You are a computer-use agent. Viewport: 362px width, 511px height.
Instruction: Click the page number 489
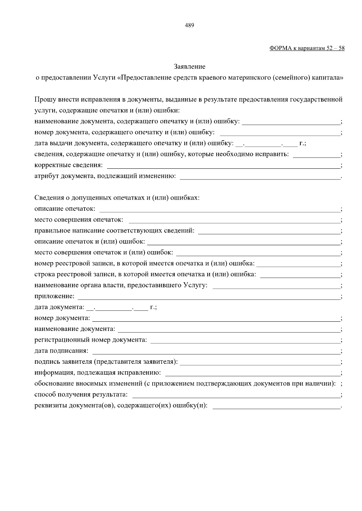pyautogui.click(x=189, y=25)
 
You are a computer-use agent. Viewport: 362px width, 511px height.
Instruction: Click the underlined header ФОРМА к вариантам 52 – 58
pyautogui.click(x=307, y=48)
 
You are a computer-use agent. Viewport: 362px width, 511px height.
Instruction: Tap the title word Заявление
pyautogui.click(x=189, y=67)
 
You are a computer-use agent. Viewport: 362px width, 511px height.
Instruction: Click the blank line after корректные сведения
pyautogui.click(x=223, y=166)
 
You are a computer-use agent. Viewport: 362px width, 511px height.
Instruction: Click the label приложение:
pyautogui.click(x=54, y=296)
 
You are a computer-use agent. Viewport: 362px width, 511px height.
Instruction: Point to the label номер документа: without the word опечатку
pyautogui.click(x=62, y=318)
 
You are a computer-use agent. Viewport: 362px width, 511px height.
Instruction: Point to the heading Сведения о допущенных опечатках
pyautogui.click(x=117, y=198)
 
